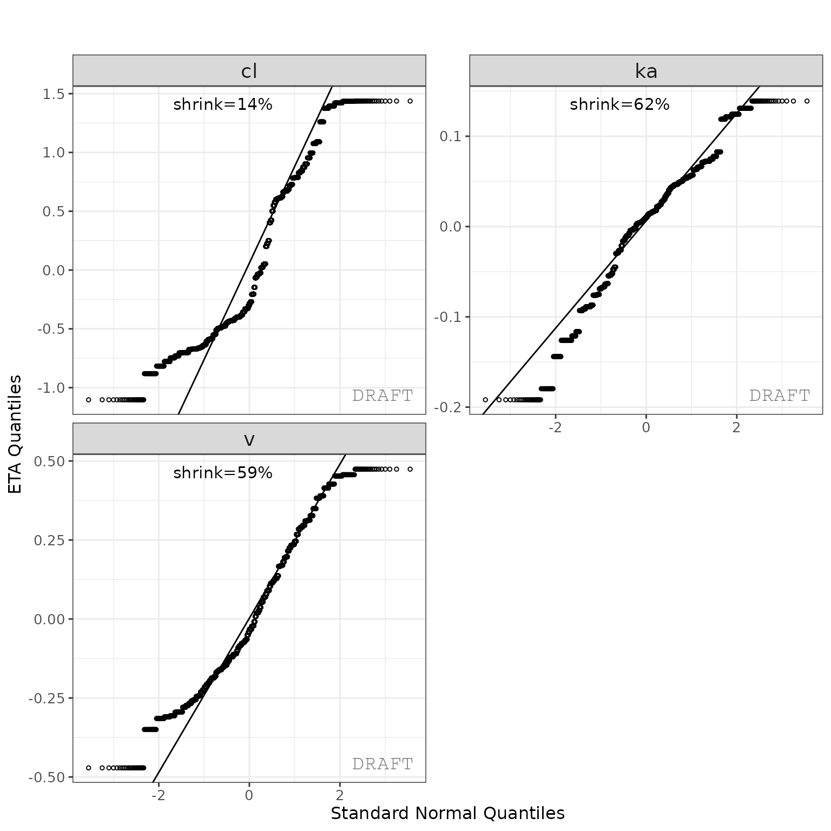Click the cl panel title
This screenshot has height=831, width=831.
249,71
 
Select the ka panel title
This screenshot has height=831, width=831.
646,71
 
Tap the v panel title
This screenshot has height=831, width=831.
249,439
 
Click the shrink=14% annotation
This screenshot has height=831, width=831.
222,104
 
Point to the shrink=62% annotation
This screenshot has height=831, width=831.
619,104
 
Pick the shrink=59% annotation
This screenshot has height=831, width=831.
222,473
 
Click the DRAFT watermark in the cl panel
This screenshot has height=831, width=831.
382,395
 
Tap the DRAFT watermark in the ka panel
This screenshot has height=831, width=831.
779,395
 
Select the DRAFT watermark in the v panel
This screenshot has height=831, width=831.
382,764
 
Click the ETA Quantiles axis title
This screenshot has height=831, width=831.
16,434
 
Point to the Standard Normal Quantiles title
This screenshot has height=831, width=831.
447,813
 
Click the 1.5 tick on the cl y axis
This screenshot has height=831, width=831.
54,94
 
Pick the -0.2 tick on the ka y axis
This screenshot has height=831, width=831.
447,407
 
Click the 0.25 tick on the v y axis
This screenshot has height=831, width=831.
49,540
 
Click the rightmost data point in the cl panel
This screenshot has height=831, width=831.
410,101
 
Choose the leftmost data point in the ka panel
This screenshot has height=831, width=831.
485,400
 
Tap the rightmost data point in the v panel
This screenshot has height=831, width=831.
410,469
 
